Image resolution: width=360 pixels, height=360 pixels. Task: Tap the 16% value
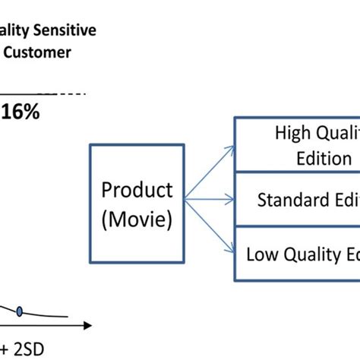tap(21, 111)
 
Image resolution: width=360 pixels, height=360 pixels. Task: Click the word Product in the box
tap(137, 189)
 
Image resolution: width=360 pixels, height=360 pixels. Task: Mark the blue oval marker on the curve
tap(20, 310)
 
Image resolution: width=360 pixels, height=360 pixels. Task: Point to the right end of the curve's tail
tap(68, 318)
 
